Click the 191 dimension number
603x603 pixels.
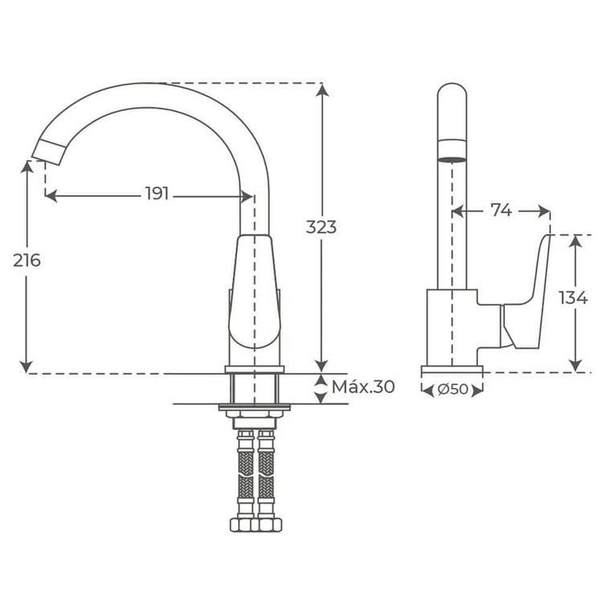click(157, 195)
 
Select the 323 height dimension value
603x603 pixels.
click(322, 227)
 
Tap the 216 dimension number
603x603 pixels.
click(27, 260)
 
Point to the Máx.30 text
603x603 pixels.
click(363, 387)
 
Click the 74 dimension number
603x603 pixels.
click(501, 211)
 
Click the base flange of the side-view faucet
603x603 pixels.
click(452, 371)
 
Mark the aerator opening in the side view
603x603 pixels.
click(452, 158)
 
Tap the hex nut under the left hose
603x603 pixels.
click(240, 524)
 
